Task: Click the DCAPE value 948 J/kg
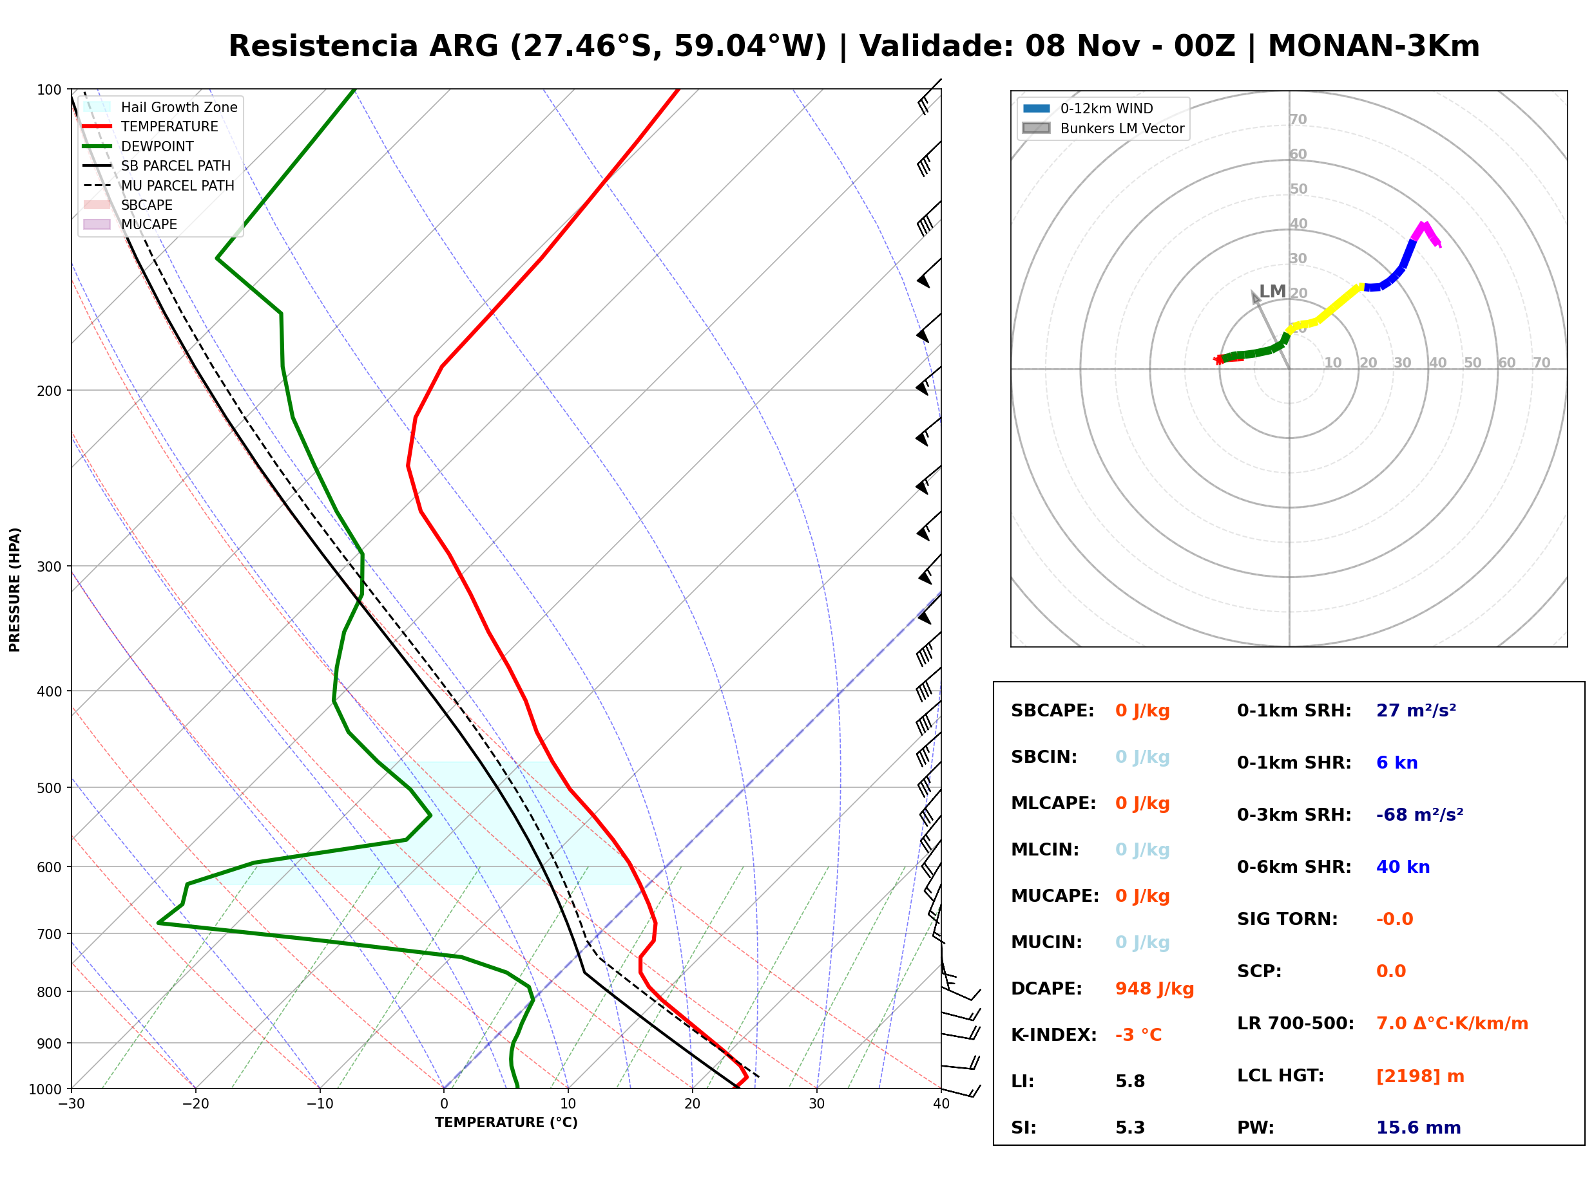(x=1154, y=988)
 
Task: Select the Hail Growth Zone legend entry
(x=160, y=107)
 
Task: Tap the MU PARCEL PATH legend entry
(x=159, y=185)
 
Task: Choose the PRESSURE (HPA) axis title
(x=15, y=590)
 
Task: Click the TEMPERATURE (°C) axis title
(x=506, y=1123)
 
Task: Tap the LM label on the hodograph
(x=1272, y=291)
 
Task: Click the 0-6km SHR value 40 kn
(x=1403, y=867)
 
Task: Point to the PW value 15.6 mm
(x=1419, y=1127)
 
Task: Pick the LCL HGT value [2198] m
(x=1420, y=1076)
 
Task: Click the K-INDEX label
(x=1054, y=1034)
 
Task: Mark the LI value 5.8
(x=1130, y=1081)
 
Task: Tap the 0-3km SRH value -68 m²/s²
(x=1419, y=814)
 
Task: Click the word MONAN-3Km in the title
(x=1374, y=46)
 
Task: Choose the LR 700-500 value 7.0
(x=1389, y=1024)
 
